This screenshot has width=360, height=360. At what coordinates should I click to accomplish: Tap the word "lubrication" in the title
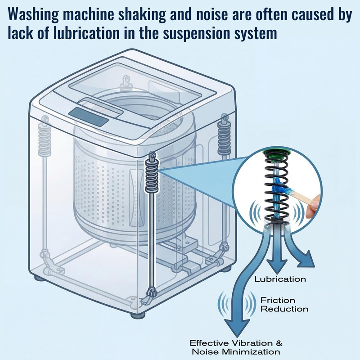click(86, 33)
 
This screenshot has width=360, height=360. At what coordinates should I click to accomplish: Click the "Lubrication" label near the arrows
click(280, 279)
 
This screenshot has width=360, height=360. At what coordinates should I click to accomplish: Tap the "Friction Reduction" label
click(284, 305)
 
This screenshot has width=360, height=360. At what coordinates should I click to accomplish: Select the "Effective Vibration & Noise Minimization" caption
click(236, 347)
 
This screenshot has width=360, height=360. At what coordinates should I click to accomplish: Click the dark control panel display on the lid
click(89, 117)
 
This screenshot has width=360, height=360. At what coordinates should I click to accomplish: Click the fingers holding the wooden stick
click(313, 206)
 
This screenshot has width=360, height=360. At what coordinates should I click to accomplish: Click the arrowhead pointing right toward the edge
click(306, 260)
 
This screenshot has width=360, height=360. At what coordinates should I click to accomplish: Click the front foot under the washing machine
click(138, 315)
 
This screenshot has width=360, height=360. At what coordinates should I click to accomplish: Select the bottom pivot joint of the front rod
click(152, 293)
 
